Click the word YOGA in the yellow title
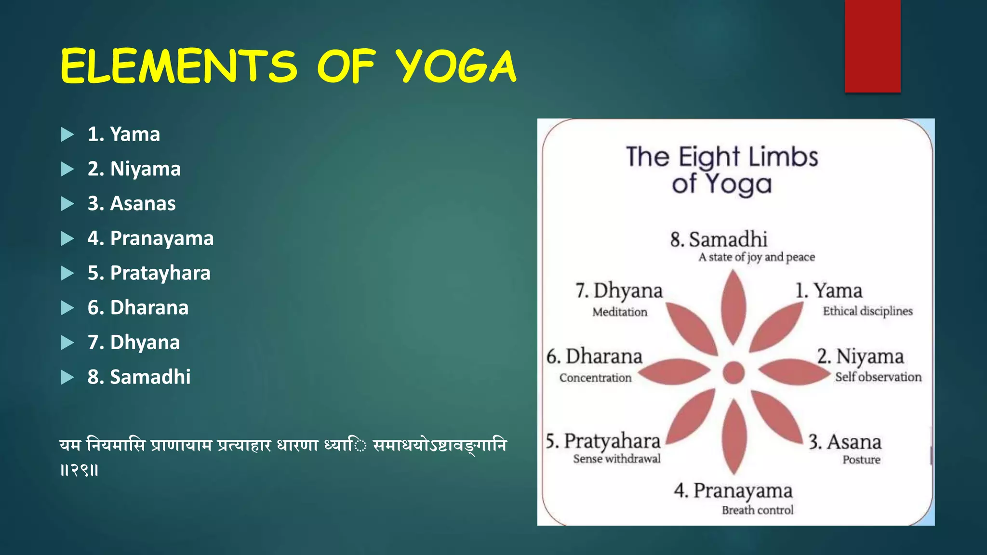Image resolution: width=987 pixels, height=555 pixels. (x=455, y=66)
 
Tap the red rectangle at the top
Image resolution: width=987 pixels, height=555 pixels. (x=872, y=46)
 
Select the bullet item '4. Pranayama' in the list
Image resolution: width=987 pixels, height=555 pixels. (x=150, y=238)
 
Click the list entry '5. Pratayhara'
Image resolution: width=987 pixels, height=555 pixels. (x=149, y=273)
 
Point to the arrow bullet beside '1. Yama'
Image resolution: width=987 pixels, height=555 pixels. (x=67, y=134)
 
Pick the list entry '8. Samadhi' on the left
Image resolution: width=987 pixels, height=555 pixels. (x=139, y=377)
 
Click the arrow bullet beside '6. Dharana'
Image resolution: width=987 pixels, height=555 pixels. (x=67, y=308)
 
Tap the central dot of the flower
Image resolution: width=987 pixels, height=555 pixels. (x=734, y=372)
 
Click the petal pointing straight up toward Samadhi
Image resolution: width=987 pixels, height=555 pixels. (x=734, y=308)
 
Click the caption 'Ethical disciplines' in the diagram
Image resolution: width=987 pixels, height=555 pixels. (x=867, y=311)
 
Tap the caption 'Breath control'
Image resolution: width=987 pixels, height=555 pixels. (x=757, y=510)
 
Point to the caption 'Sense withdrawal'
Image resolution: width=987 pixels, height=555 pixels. (x=617, y=459)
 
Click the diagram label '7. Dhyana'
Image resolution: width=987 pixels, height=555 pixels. (x=619, y=291)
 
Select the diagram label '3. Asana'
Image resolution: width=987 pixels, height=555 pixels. (x=844, y=442)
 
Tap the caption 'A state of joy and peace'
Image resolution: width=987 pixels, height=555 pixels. (x=757, y=257)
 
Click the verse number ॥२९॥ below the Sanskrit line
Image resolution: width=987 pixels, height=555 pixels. (x=80, y=470)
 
